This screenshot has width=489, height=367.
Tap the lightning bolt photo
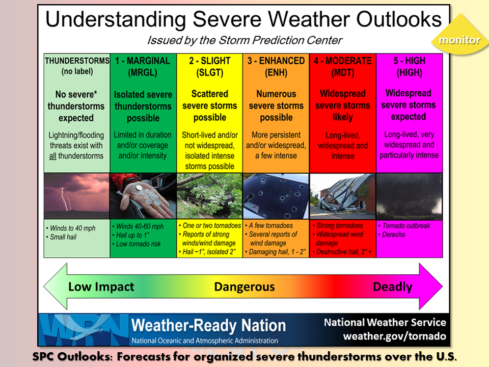pyautogui.click(x=77, y=196)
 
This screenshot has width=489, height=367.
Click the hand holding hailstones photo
pyautogui.click(x=143, y=196)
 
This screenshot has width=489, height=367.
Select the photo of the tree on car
pyautogui.click(x=209, y=196)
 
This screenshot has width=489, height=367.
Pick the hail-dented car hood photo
pyautogui.click(x=276, y=196)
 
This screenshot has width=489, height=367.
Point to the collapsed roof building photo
pyautogui.click(x=343, y=196)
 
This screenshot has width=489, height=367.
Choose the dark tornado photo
pyautogui.click(x=410, y=196)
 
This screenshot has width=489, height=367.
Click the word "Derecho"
pyautogui.click(x=394, y=234)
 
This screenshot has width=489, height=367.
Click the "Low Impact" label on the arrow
pyautogui.click(x=101, y=286)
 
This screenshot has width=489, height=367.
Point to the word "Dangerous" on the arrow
pyautogui.click(x=244, y=286)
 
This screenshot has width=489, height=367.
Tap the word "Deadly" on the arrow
pyautogui.click(x=393, y=287)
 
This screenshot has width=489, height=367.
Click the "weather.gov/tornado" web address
pyautogui.click(x=394, y=336)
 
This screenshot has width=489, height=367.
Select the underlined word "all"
pyautogui.click(x=52, y=156)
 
